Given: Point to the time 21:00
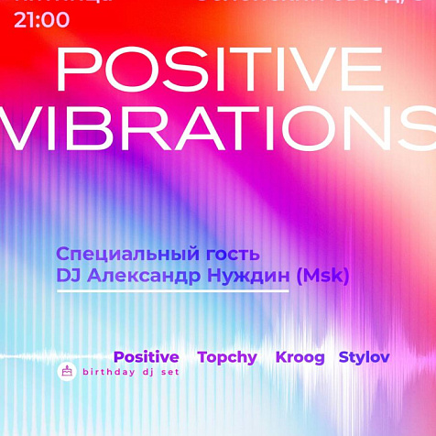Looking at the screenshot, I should point(42,19).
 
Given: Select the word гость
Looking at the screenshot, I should point(231,254).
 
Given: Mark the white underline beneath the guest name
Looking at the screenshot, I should point(172,291).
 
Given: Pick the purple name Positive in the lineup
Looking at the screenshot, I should point(146,357).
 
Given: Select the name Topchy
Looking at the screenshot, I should point(227,357).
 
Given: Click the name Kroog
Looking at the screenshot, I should point(300,357).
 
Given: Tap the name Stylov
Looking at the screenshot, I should point(364,357).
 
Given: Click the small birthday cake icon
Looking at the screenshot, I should point(66,371).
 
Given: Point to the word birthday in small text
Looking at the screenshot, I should point(111,373).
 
